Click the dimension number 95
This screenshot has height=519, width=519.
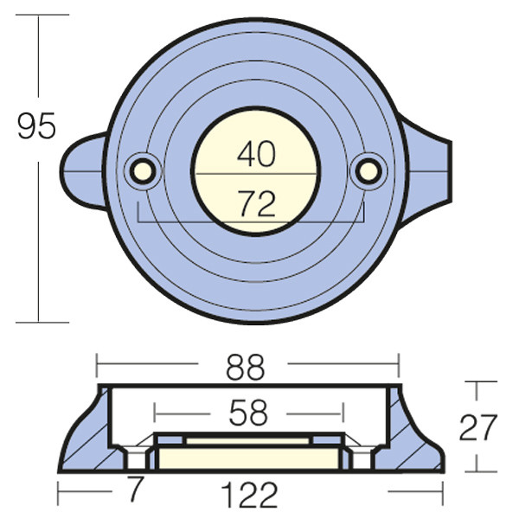(36, 126)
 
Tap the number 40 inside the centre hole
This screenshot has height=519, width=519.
(256, 154)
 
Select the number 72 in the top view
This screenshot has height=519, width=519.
(257, 203)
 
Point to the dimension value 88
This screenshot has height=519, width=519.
(246, 367)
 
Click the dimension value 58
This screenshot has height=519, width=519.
(248, 413)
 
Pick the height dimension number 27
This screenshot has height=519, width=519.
(478, 427)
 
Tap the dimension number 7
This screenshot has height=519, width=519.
(136, 489)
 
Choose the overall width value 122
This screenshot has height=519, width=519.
(249, 495)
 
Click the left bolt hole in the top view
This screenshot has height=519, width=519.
(143, 171)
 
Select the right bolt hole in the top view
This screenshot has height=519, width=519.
(368, 171)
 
